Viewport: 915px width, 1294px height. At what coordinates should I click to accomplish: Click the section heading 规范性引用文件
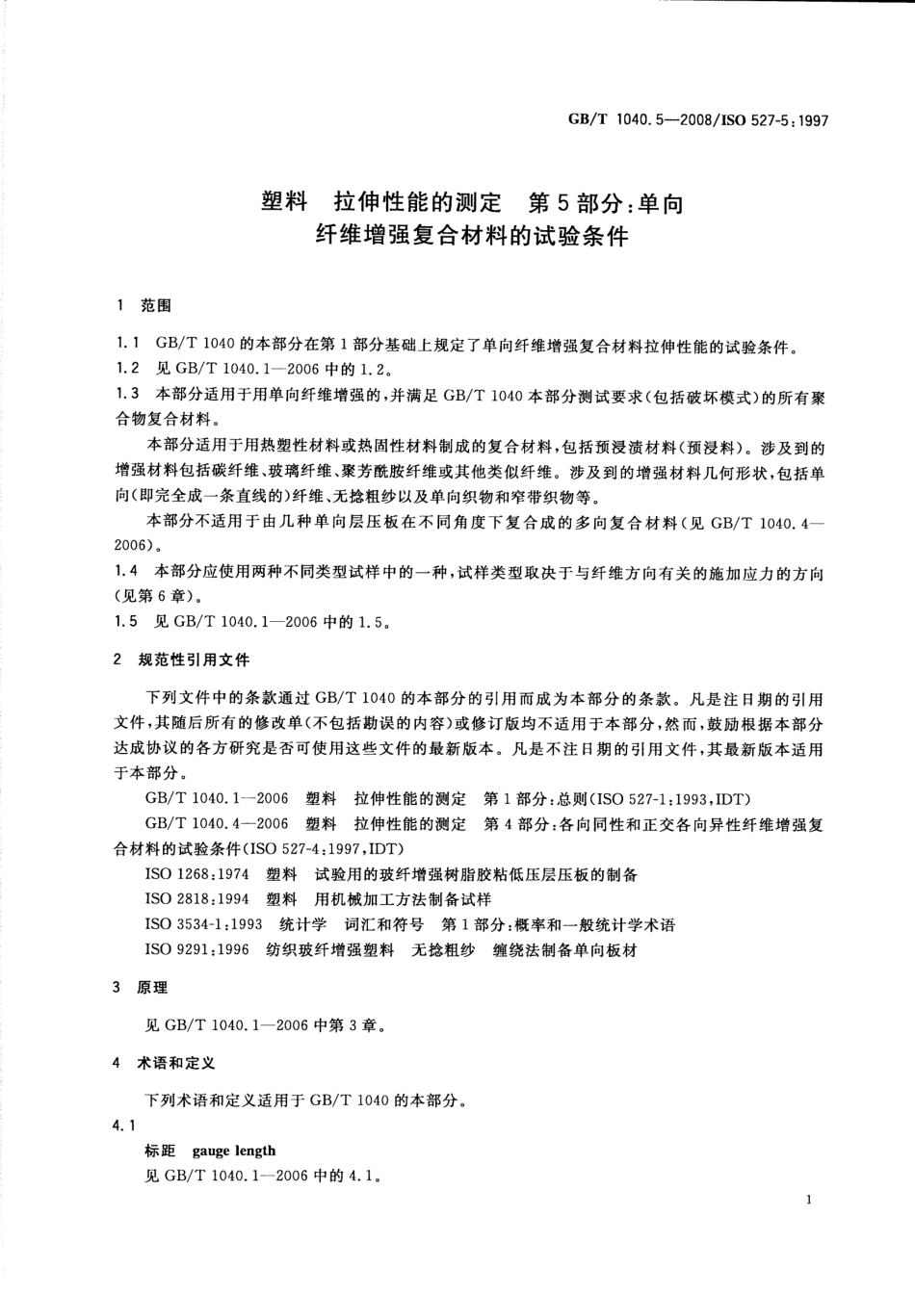pos(194,660)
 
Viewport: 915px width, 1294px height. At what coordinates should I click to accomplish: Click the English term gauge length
pos(234,1150)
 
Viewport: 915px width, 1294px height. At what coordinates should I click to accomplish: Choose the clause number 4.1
pos(124,1125)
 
